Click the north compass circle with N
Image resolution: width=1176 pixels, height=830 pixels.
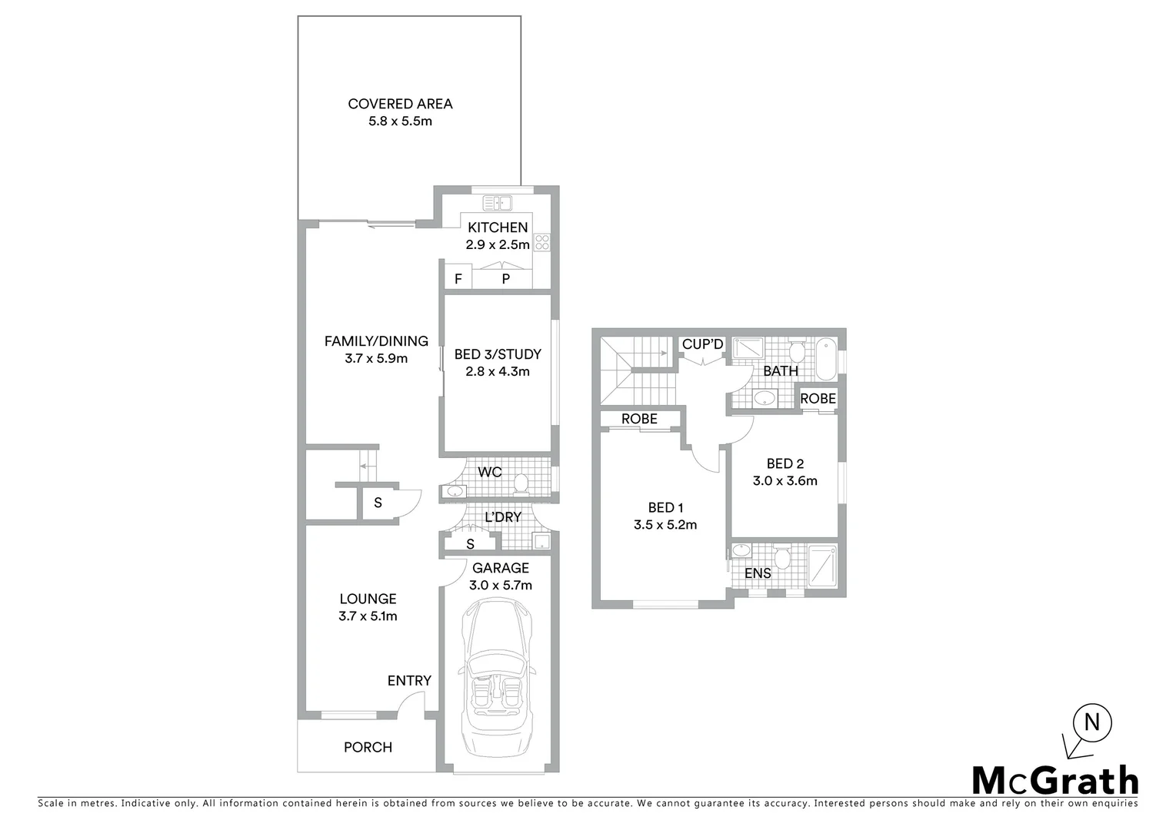point(1091,722)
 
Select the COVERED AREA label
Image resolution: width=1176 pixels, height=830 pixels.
point(400,104)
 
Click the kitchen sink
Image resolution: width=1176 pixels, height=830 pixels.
point(498,204)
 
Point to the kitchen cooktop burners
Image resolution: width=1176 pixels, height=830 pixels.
point(542,242)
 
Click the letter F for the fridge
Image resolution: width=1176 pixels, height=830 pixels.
point(458,279)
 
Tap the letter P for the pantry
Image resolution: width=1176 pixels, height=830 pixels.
point(505,279)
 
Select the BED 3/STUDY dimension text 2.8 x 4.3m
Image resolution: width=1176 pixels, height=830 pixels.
point(498,371)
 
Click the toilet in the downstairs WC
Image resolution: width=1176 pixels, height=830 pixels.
point(521,483)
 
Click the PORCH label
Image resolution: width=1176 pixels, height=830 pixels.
point(368,747)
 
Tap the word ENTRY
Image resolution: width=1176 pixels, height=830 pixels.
point(409,681)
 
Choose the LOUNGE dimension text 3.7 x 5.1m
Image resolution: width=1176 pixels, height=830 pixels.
point(368,616)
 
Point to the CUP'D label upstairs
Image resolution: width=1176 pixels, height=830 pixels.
point(703,344)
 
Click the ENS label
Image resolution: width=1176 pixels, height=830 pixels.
point(758,573)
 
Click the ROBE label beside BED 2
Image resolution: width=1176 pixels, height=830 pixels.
point(818,399)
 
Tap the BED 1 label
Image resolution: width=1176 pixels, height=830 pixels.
point(665,507)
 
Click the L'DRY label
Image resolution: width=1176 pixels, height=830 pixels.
point(503,517)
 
